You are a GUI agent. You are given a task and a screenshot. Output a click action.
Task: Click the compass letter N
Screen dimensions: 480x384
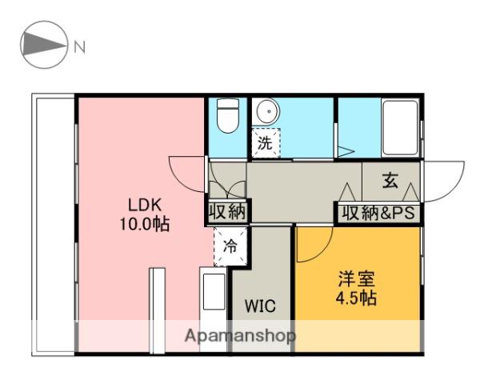(79, 47)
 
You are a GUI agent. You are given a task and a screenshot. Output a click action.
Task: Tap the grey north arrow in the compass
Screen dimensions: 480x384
(44, 45)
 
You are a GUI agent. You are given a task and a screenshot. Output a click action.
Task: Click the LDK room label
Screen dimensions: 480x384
(145, 205)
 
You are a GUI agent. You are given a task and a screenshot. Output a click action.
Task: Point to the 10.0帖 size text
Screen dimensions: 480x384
(145, 225)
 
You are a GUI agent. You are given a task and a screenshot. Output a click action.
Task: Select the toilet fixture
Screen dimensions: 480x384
(228, 116)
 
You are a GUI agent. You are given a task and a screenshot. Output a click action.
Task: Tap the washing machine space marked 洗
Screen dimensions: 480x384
(266, 143)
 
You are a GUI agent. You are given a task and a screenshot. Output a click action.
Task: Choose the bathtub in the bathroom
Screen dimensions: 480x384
(401, 128)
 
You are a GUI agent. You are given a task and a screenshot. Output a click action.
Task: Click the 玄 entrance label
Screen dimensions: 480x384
(390, 180)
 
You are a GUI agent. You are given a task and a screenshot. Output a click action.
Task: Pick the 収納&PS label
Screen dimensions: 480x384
(378, 213)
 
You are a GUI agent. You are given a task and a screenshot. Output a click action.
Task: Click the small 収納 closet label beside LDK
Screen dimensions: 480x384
(227, 211)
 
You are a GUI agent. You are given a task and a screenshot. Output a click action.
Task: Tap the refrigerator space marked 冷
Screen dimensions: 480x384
(230, 246)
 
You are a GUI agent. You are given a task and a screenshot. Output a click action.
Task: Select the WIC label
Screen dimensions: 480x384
(260, 306)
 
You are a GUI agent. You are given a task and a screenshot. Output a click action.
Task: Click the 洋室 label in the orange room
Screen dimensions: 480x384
(357, 278)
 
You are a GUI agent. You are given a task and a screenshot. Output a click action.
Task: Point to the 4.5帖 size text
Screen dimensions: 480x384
(356, 298)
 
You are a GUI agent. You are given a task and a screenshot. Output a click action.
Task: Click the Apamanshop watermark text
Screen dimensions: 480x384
(240, 336)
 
